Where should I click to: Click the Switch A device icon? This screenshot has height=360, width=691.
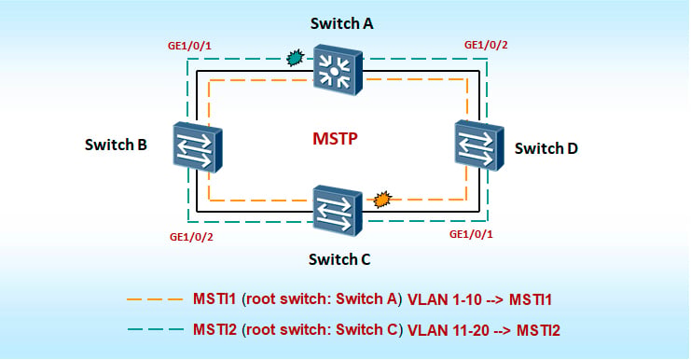click(338, 70)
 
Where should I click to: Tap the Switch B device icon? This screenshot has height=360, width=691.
click(198, 147)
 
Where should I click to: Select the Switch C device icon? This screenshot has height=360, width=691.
click(338, 211)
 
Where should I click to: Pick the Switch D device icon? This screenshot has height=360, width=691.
click(479, 145)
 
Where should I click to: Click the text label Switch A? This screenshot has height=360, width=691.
click(341, 23)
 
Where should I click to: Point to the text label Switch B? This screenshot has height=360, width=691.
click(116, 145)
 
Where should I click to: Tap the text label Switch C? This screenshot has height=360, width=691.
click(339, 259)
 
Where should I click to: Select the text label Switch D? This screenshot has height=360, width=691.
click(546, 148)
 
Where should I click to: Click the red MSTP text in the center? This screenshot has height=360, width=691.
click(335, 139)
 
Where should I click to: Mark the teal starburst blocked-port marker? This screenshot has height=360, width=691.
click(295, 57)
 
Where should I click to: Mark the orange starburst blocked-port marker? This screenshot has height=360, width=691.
click(382, 200)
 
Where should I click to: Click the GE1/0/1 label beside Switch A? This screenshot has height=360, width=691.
click(189, 46)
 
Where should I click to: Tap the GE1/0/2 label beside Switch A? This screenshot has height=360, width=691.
click(486, 45)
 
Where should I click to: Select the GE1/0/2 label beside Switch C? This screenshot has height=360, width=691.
click(191, 237)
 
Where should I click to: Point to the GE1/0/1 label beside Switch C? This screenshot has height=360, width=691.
click(471, 234)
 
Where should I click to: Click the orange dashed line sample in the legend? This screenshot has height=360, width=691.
click(155, 299)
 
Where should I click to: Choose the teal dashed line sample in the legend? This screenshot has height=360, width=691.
click(156, 329)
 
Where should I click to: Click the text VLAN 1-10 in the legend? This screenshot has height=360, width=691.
click(445, 300)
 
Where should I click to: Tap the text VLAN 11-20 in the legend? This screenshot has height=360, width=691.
click(449, 330)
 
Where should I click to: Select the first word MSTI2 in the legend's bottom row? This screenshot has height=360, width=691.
click(214, 329)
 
